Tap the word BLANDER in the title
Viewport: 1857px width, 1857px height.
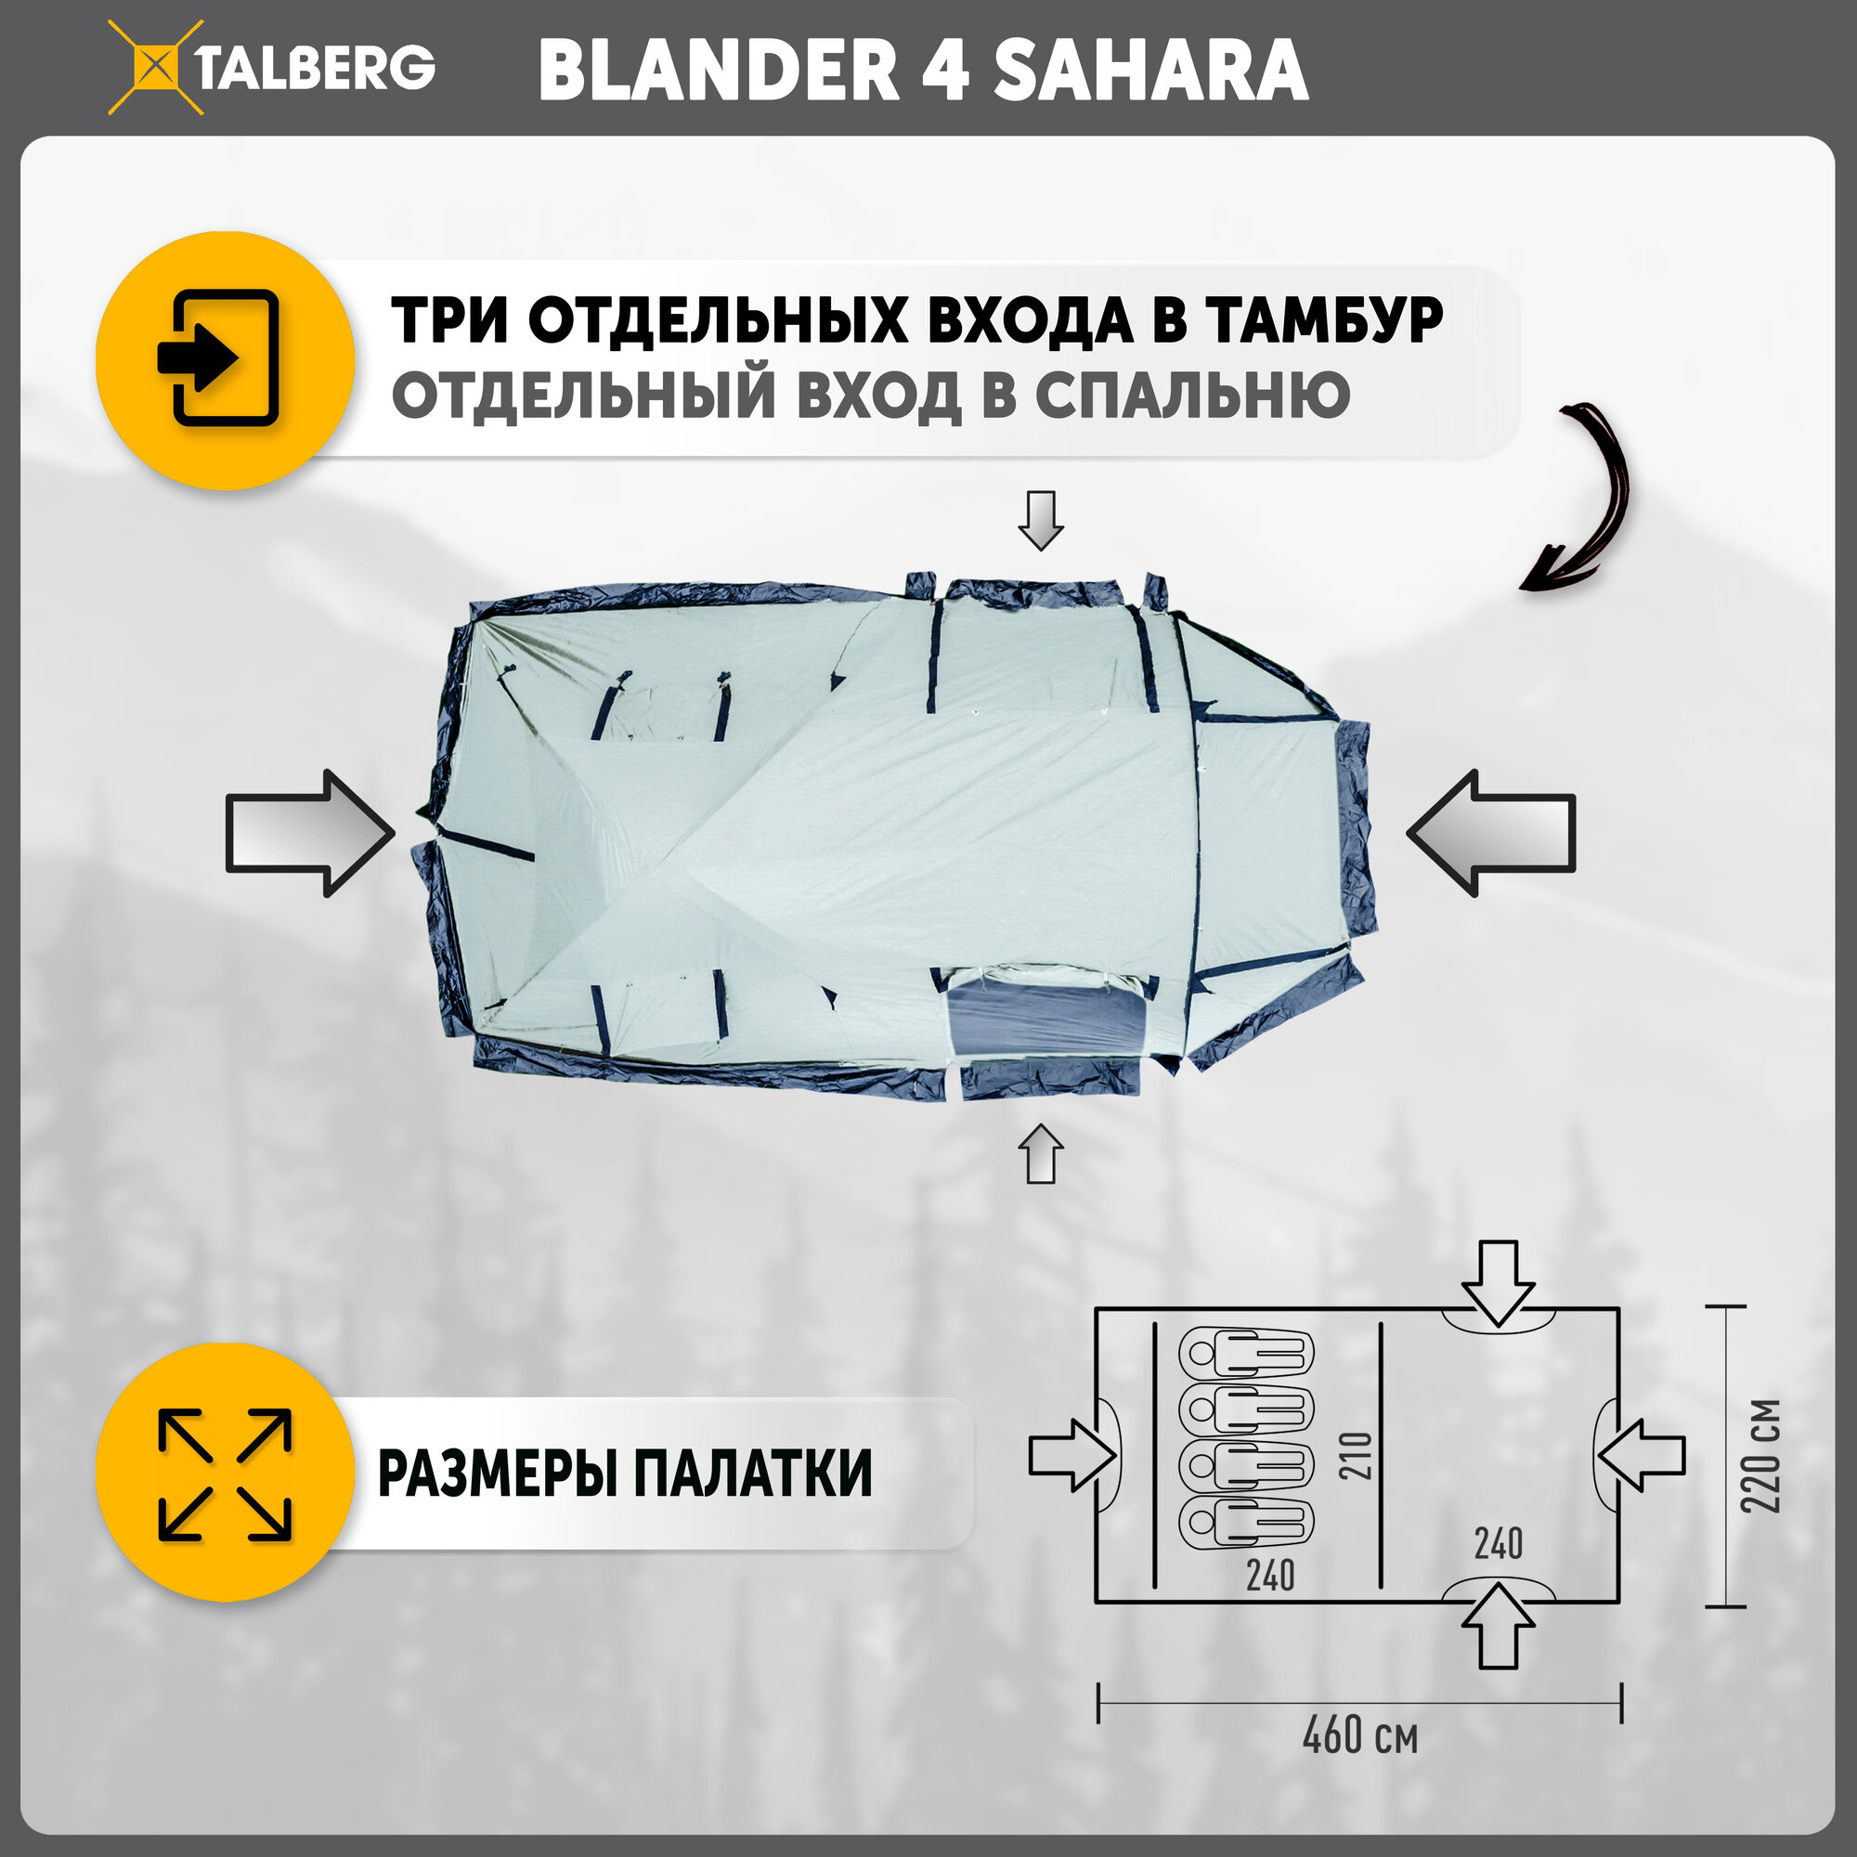pos(718,71)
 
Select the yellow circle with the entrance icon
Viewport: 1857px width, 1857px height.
pos(225,359)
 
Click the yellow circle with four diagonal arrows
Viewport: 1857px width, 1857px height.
pos(225,1474)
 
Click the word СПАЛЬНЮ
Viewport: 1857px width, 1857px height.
pos(1192,395)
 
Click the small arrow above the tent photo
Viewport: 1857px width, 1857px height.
pos(1040,520)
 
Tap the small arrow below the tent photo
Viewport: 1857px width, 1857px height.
pos(1040,1153)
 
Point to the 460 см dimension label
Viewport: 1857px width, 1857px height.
pos(1360,1736)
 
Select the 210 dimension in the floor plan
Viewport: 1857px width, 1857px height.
pos(1356,1455)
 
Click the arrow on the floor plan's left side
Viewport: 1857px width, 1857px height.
pos(1072,1455)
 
